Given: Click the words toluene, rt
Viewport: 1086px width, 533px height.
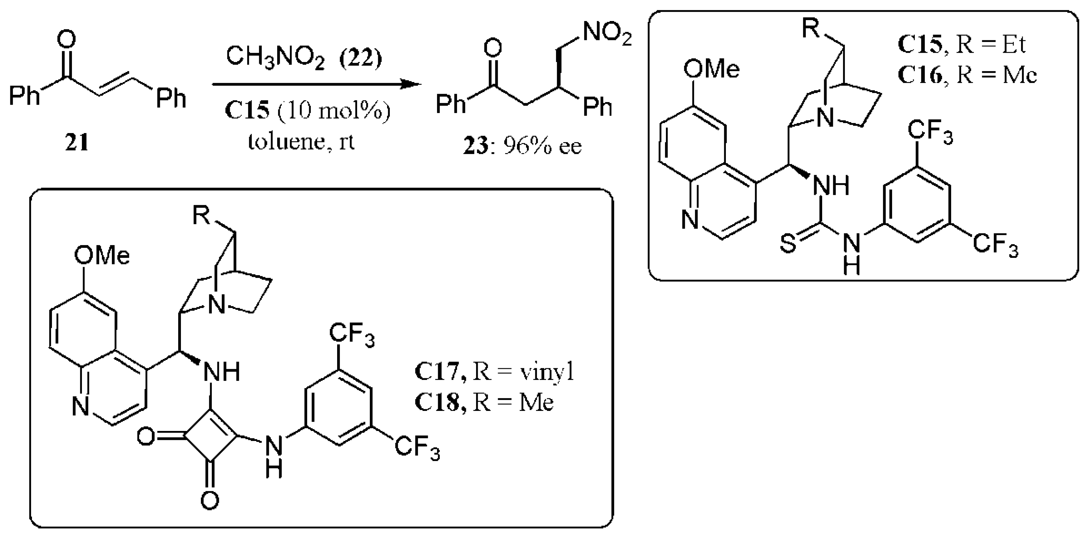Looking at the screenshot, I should pos(301,142).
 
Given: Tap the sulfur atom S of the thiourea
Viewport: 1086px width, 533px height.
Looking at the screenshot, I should pos(788,243).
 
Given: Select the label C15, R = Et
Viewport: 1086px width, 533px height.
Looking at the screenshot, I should pos(961,44).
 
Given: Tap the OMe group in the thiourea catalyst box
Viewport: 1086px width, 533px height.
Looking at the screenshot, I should pos(711,69).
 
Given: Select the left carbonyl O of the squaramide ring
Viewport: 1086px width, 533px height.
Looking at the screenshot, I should pos(146,437).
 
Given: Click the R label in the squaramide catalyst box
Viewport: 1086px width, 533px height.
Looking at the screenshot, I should pos(201,215).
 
